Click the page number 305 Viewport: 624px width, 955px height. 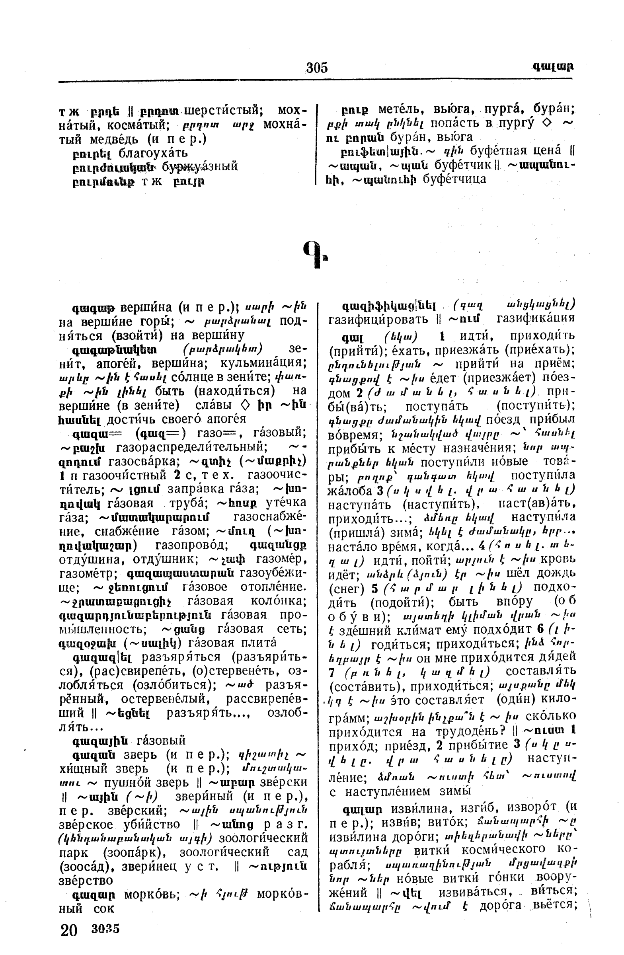(x=317, y=67)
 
